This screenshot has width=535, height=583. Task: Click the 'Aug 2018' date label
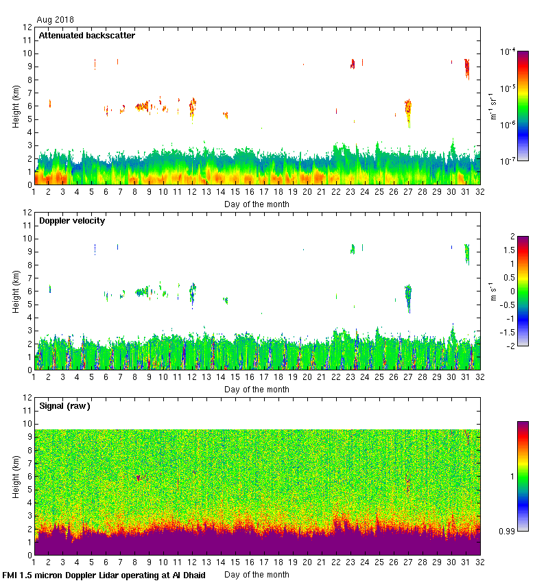[56, 20]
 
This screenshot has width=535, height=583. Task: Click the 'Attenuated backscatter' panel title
[86, 35]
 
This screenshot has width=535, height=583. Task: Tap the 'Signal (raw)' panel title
[64, 405]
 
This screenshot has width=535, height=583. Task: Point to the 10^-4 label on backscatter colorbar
[508, 51]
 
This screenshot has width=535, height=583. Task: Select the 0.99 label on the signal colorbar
[508, 532]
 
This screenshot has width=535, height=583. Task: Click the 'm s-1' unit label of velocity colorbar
[493, 291]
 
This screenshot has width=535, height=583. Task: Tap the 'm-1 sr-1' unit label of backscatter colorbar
[493, 106]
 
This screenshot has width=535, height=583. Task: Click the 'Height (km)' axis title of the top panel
[16, 106]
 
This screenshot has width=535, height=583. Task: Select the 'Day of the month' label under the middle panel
[257, 390]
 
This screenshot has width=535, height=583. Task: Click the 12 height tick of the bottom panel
[27, 397]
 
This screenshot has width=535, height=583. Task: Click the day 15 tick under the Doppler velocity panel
[235, 377]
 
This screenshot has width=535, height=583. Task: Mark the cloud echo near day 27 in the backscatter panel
[408, 109]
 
